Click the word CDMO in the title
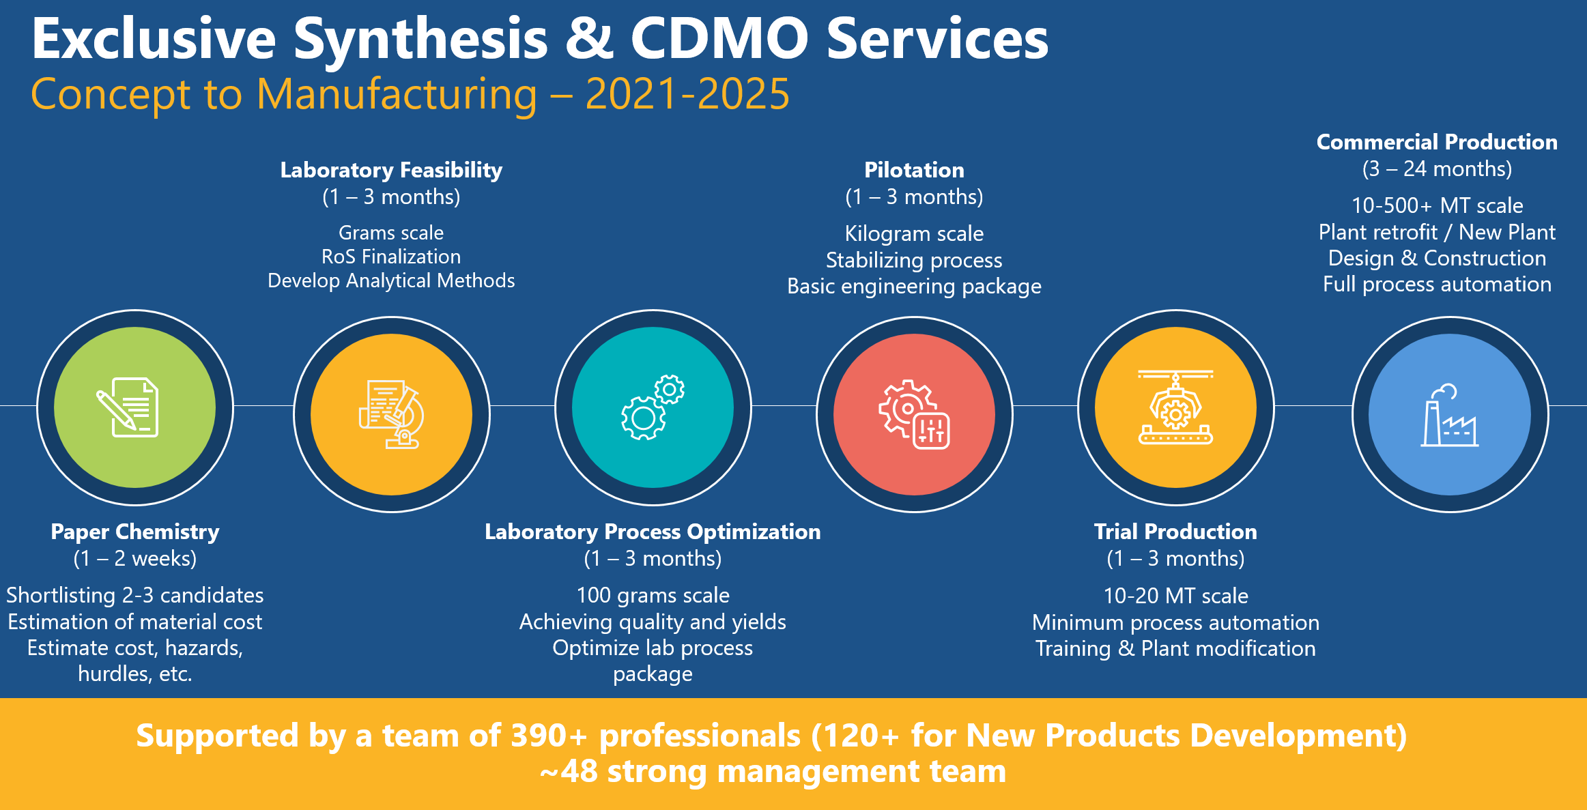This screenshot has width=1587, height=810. click(x=719, y=39)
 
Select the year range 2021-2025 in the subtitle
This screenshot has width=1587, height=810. click(x=687, y=94)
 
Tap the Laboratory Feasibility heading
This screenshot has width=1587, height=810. click(x=391, y=170)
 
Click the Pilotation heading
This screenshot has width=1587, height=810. click(x=914, y=170)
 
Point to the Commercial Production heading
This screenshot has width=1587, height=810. click(x=1437, y=142)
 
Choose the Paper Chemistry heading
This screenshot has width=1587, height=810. click(x=135, y=532)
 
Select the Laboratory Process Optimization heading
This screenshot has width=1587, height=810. click(x=653, y=532)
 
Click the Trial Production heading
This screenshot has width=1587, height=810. click(x=1175, y=532)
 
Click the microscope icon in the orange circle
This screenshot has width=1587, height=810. click(x=392, y=414)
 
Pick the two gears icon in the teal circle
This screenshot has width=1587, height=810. click(x=653, y=407)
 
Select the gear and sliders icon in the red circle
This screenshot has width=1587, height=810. click(x=914, y=414)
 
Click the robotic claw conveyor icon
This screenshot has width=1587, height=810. click(x=1175, y=407)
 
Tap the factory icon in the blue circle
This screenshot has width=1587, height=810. click(x=1450, y=416)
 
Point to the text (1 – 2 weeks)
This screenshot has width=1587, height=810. click(x=135, y=559)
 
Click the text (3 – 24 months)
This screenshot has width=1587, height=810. click(x=1437, y=169)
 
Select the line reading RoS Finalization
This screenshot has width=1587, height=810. click(x=391, y=257)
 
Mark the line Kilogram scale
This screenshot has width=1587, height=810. click(x=914, y=233)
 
